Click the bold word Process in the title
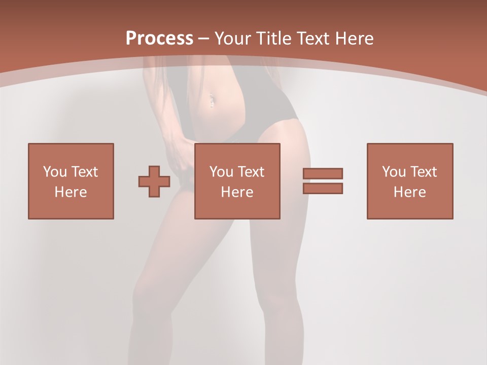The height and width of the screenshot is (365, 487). (159, 39)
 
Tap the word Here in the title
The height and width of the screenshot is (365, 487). (353, 39)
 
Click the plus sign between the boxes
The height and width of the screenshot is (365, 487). (154, 181)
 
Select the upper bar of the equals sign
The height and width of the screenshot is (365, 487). (323, 174)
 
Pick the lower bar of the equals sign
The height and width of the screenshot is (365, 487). (323, 188)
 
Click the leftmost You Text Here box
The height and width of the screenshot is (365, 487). (71, 181)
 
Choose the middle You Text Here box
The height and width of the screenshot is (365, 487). (237, 181)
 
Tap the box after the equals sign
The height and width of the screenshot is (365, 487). (410, 181)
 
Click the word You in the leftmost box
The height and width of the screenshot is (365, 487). (55, 172)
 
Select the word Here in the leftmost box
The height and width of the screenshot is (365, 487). (71, 192)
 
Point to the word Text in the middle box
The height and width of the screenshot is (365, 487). (251, 172)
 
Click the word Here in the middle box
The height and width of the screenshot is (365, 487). (237, 192)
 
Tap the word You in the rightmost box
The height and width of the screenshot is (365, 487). (394, 172)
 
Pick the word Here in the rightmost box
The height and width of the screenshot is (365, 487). (410, 192)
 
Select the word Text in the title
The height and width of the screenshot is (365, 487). (314, 39)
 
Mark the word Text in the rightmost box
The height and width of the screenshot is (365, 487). (424, 172)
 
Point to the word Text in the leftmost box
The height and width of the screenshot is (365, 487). (85, 172)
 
